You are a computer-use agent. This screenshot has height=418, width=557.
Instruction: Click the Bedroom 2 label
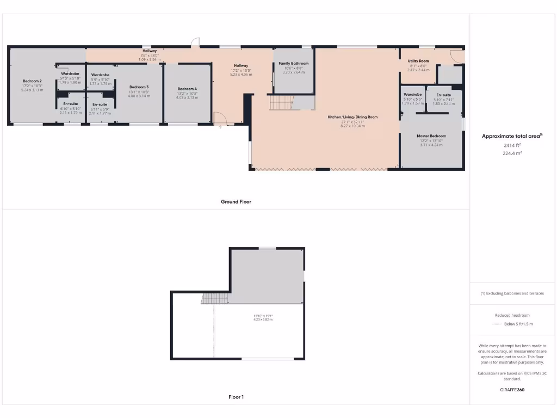[x=32, y=81]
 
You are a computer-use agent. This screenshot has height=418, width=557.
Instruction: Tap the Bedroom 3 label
[x=139, y=87]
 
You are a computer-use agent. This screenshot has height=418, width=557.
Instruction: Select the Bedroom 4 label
[x=187, y=89]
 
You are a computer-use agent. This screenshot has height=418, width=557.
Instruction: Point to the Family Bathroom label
[x=293, y=64]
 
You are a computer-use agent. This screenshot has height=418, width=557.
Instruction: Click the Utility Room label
[x=418, y=61]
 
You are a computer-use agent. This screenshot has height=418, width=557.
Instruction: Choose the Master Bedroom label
[x=431, y=136]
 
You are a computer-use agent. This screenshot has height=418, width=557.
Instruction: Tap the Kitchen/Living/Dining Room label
[x=352, y=117]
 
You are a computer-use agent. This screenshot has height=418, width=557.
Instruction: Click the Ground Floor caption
[x=236, y=201]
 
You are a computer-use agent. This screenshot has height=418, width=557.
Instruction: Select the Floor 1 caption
[x=236, y=397]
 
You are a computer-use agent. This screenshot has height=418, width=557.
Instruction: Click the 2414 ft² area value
[x=512, y=145]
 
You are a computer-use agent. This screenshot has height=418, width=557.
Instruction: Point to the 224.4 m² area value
[x=512, y=153]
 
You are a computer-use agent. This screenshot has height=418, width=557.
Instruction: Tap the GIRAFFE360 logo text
[x=512, y=390]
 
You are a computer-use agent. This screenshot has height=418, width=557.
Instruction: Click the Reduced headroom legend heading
[x=512, y=315]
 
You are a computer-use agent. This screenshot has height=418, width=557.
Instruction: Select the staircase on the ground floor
[x=281, y=102]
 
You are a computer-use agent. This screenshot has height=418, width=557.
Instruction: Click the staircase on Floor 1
[x=209, y=298]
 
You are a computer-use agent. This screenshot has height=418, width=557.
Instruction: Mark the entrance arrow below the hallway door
[x=220, y=127]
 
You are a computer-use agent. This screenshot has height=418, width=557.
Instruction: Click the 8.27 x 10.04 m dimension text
[x=352, y=126]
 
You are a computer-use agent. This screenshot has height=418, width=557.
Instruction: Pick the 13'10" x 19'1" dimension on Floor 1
[x=263, y=316]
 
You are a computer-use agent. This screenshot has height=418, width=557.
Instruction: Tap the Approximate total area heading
[x=511, y=136]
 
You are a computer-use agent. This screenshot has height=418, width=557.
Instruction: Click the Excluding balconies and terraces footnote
[x=512, y=293]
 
